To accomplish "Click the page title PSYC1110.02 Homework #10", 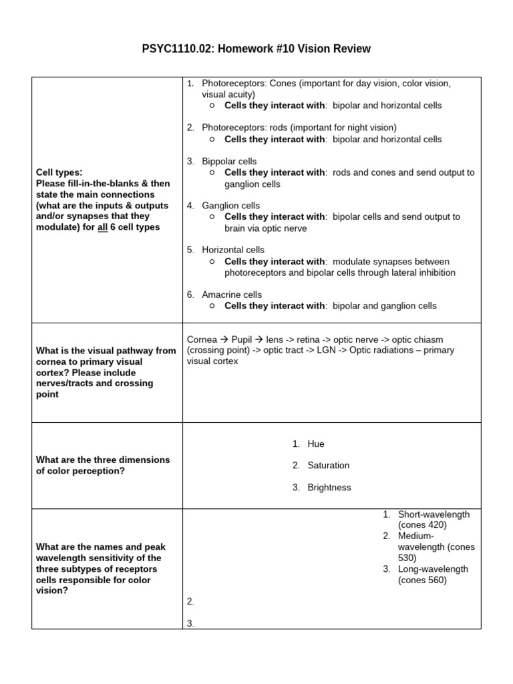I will (256, 49).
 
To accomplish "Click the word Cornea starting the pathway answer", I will (202, 339).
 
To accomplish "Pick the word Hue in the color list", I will (316, 444).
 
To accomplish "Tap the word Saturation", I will (328, 466).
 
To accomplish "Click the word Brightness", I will (329, 488).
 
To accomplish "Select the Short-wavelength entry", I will (434, 514).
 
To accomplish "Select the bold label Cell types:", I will (59, 172).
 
